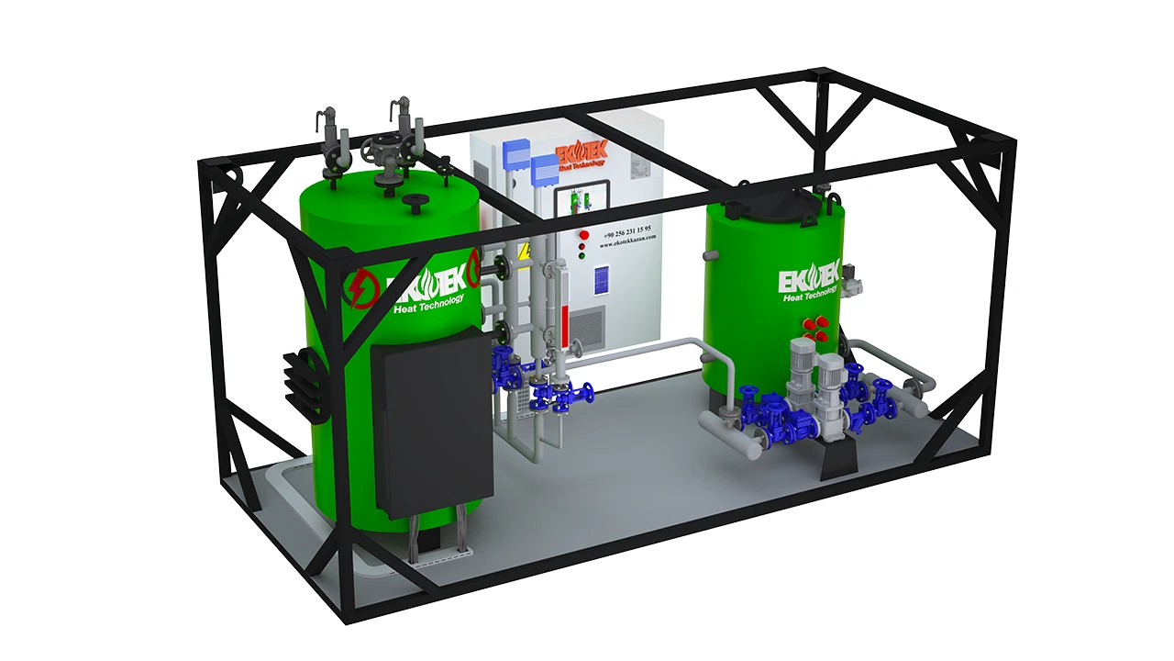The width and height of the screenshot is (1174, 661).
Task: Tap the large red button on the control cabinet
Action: tap(582, 236)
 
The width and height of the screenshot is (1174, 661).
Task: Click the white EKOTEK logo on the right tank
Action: tap(808, 277)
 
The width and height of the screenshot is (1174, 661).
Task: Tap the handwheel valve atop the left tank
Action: tap(381, 147)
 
